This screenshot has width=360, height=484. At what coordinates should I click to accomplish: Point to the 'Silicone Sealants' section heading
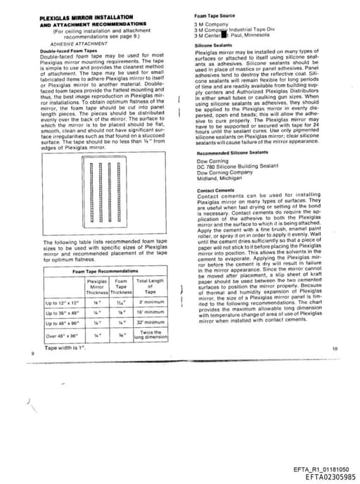tap(213, 44)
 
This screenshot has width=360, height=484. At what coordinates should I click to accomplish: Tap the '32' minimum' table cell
tap(150, 322)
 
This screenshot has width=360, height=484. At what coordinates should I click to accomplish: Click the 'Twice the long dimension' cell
tap(150, 335)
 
